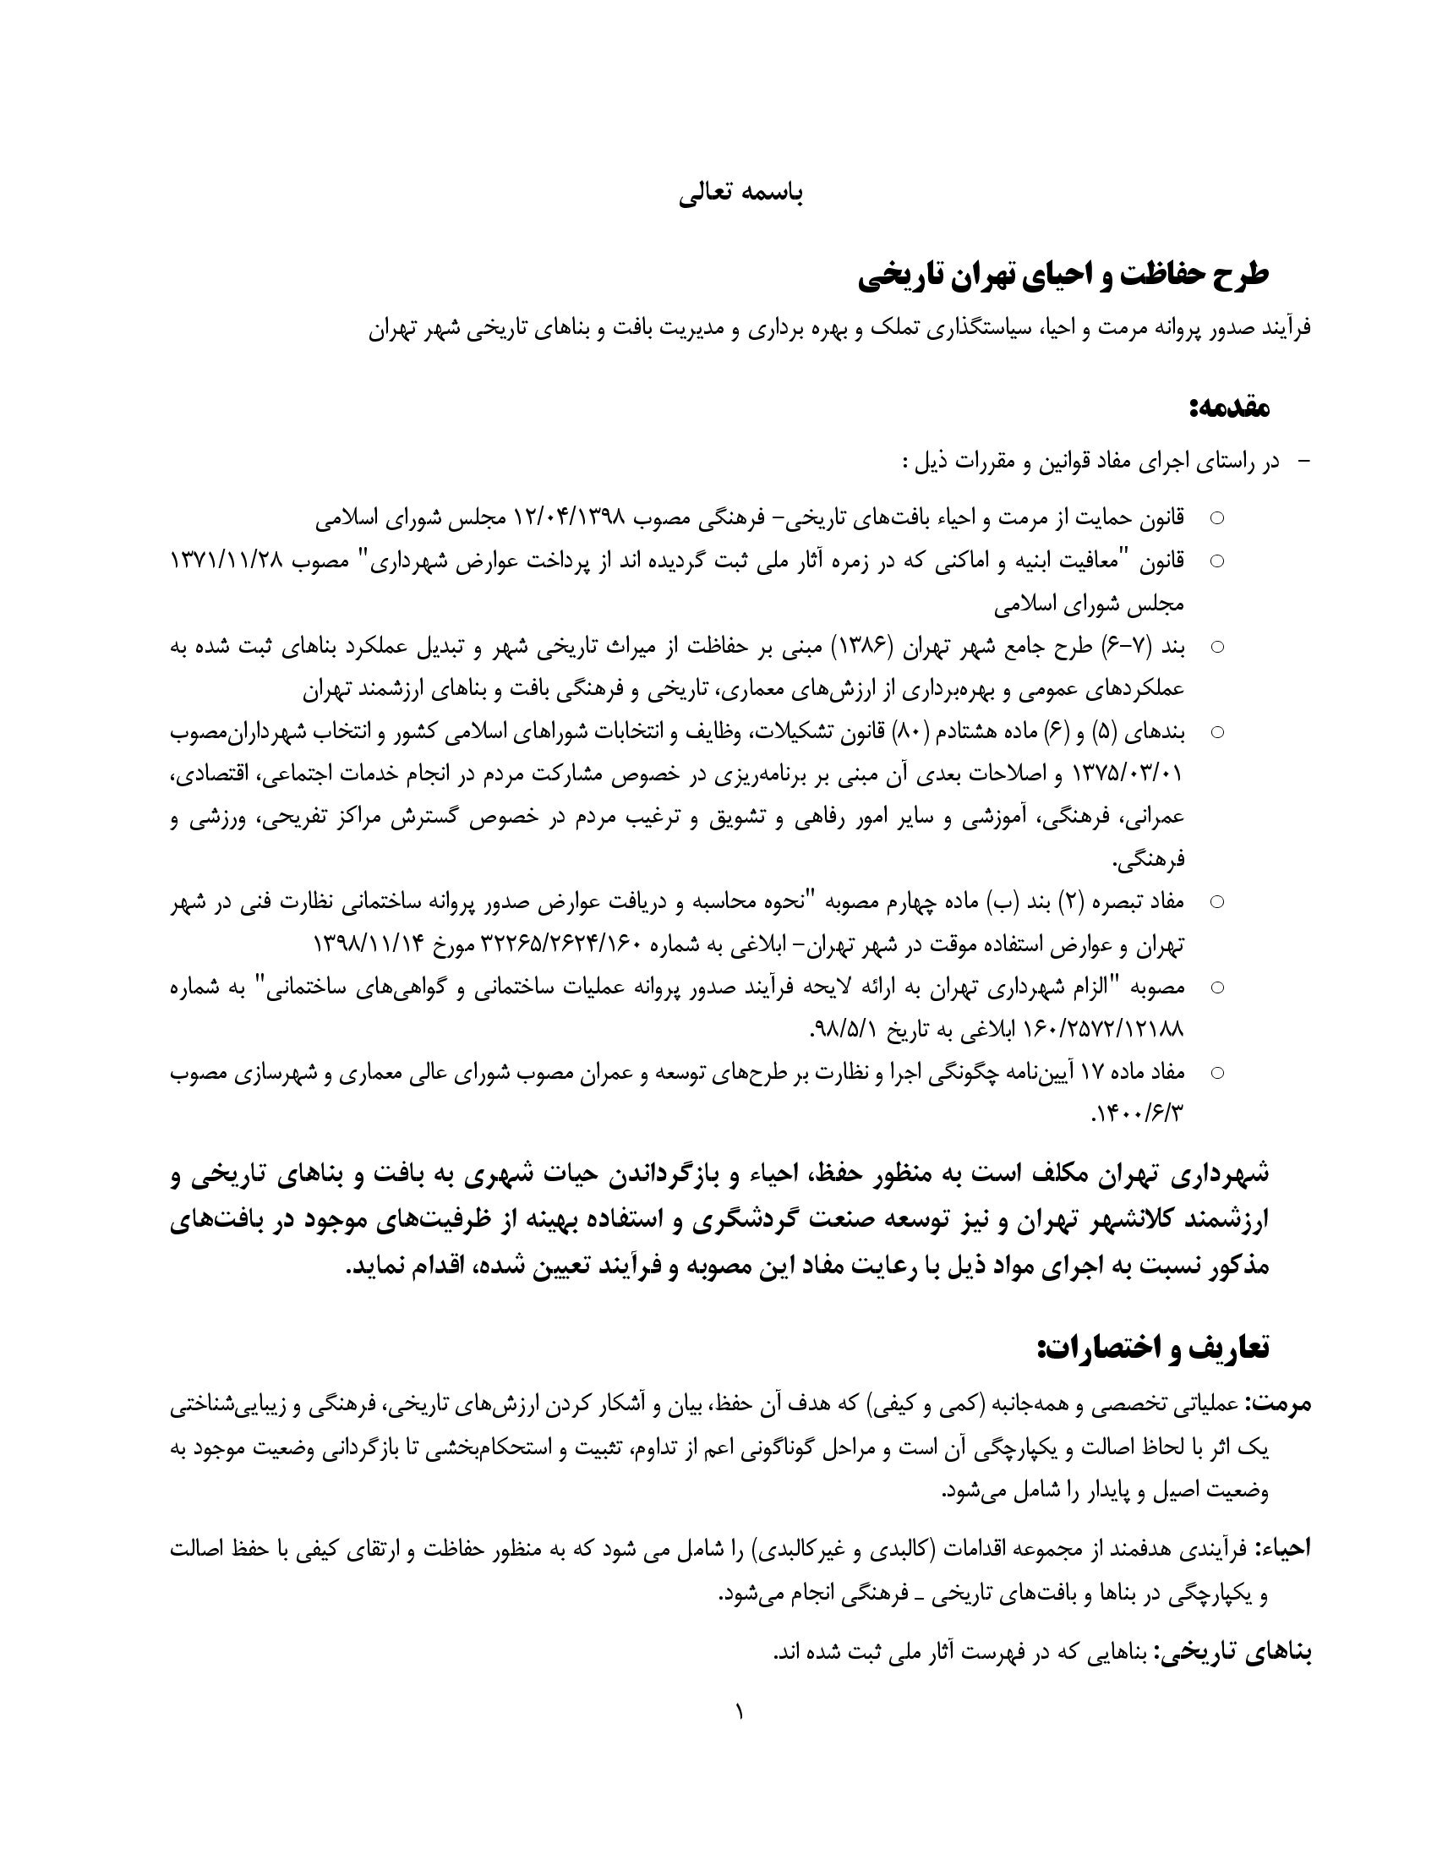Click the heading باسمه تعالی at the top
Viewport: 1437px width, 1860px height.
point(740,194)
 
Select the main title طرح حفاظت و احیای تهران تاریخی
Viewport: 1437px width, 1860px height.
point(1063,276)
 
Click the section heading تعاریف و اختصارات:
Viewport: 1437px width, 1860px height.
point(1153,1347)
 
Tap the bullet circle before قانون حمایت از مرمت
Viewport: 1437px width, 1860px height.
point(1217,517)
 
